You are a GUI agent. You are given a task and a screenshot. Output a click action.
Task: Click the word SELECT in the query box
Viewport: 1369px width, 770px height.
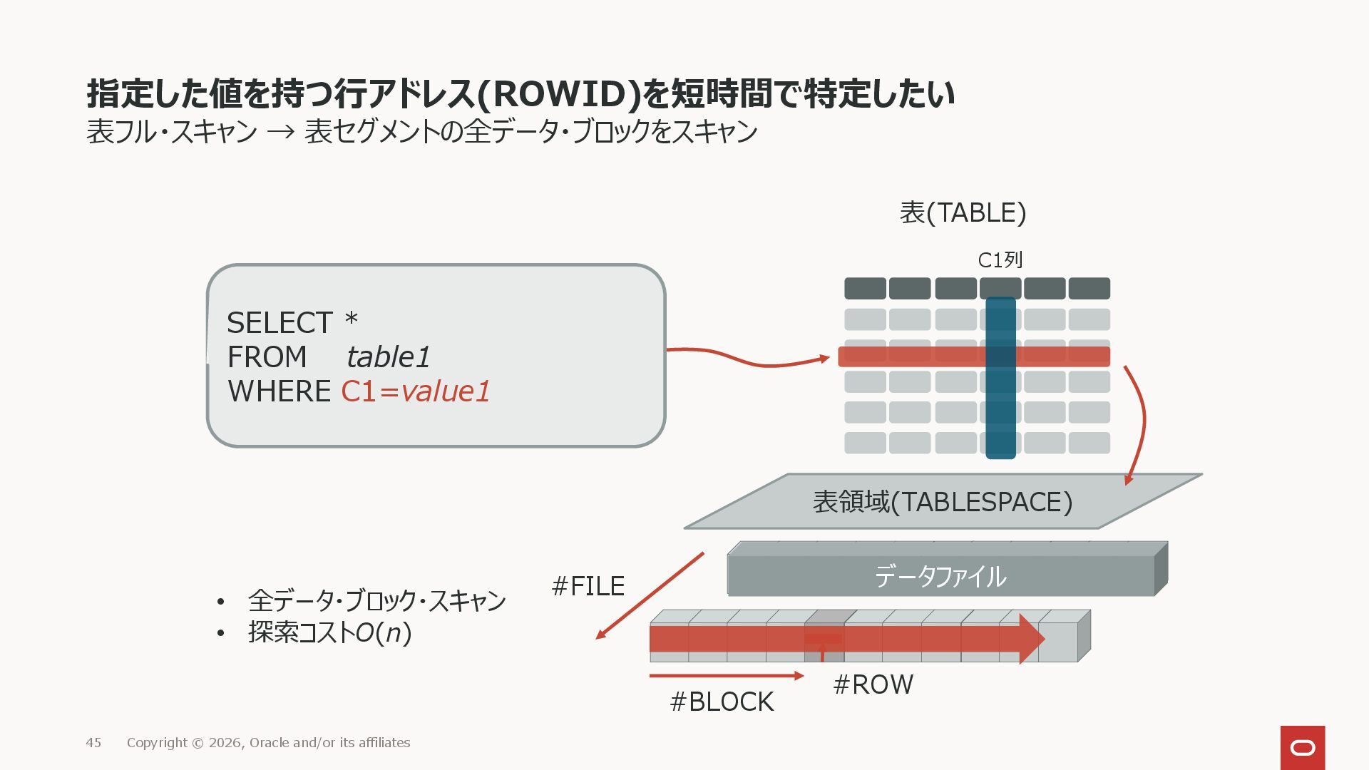pos(280,323)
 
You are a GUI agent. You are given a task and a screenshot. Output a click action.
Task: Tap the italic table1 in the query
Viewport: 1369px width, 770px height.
pos(389,357)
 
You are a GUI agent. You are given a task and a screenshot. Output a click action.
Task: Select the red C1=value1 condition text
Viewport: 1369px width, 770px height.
pos(416,391)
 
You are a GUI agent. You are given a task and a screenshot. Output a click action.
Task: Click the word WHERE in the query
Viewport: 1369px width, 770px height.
pos(279,391)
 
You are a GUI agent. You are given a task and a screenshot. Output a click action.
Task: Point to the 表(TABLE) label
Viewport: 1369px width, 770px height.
pos(963,212)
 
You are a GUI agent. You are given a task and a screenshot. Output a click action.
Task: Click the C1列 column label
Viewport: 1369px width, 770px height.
pos(1000,260)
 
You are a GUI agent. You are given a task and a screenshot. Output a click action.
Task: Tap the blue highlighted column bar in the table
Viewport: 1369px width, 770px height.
pos(1000,414)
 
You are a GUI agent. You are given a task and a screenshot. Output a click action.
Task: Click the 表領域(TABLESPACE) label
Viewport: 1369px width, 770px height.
pos(943,502)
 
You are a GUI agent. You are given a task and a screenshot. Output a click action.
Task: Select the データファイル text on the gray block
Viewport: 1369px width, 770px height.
pos(940,576)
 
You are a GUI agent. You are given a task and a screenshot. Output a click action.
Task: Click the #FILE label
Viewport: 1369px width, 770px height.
pos(588,586)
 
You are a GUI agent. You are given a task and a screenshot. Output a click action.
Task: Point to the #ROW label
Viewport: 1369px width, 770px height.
pos(873,684)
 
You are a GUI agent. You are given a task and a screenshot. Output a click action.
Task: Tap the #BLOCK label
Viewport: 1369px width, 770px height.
pos(722,702)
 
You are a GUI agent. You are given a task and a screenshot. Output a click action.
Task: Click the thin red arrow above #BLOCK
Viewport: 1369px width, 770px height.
pos(726,675)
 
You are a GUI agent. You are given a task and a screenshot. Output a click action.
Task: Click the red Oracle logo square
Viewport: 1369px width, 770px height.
pos(1303,747)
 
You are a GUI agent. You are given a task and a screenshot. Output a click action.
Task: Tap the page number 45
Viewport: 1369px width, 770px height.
pos(93,743)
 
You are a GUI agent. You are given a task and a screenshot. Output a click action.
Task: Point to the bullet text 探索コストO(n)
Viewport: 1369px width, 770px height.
pos(329,632)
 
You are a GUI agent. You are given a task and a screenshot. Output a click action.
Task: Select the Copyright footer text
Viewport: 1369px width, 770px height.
pos(268,743)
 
